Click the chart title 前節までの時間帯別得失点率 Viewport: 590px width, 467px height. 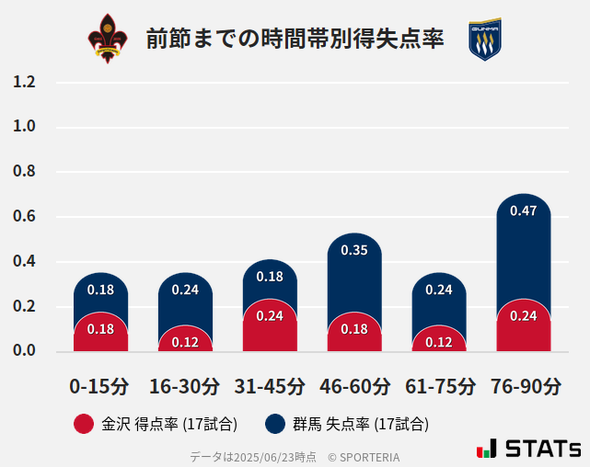pos(295,39)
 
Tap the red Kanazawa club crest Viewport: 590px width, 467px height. pos(108,39)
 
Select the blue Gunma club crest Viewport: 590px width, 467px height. pos(484,40)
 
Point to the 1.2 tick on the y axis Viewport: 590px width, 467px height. pos(24,82)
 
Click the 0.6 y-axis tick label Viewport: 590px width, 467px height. pos(24,217)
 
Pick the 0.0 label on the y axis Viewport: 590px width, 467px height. pos(24,350)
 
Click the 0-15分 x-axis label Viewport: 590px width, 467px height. pos(100,386)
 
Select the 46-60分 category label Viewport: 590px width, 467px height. pos(354,386)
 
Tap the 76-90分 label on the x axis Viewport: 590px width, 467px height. pos(525,386)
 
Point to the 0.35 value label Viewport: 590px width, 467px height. pos(354,250)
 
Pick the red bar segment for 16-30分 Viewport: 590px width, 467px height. pos(185,341)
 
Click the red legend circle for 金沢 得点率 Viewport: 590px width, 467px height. pos(84,424)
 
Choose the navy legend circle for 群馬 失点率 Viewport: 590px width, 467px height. pos(274,424)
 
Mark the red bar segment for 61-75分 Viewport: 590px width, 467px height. pos(439,341)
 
